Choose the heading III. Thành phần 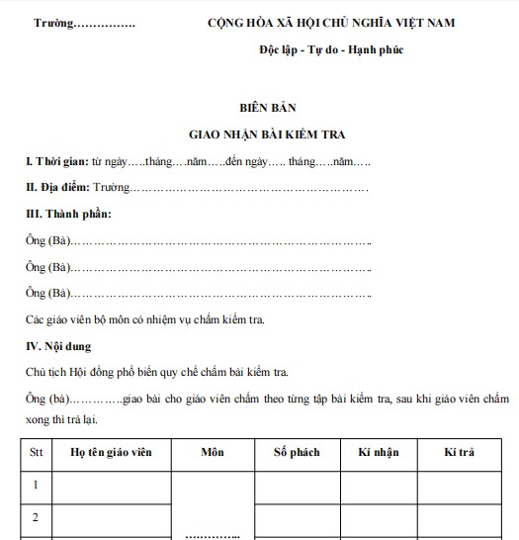pyautogui.click(x=68, y=214)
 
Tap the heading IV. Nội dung pyautogui.click(x=62, y=345)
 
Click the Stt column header pyautogui.click(x=35, y=453)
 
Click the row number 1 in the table pyautogui.click(x=35, y=487)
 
